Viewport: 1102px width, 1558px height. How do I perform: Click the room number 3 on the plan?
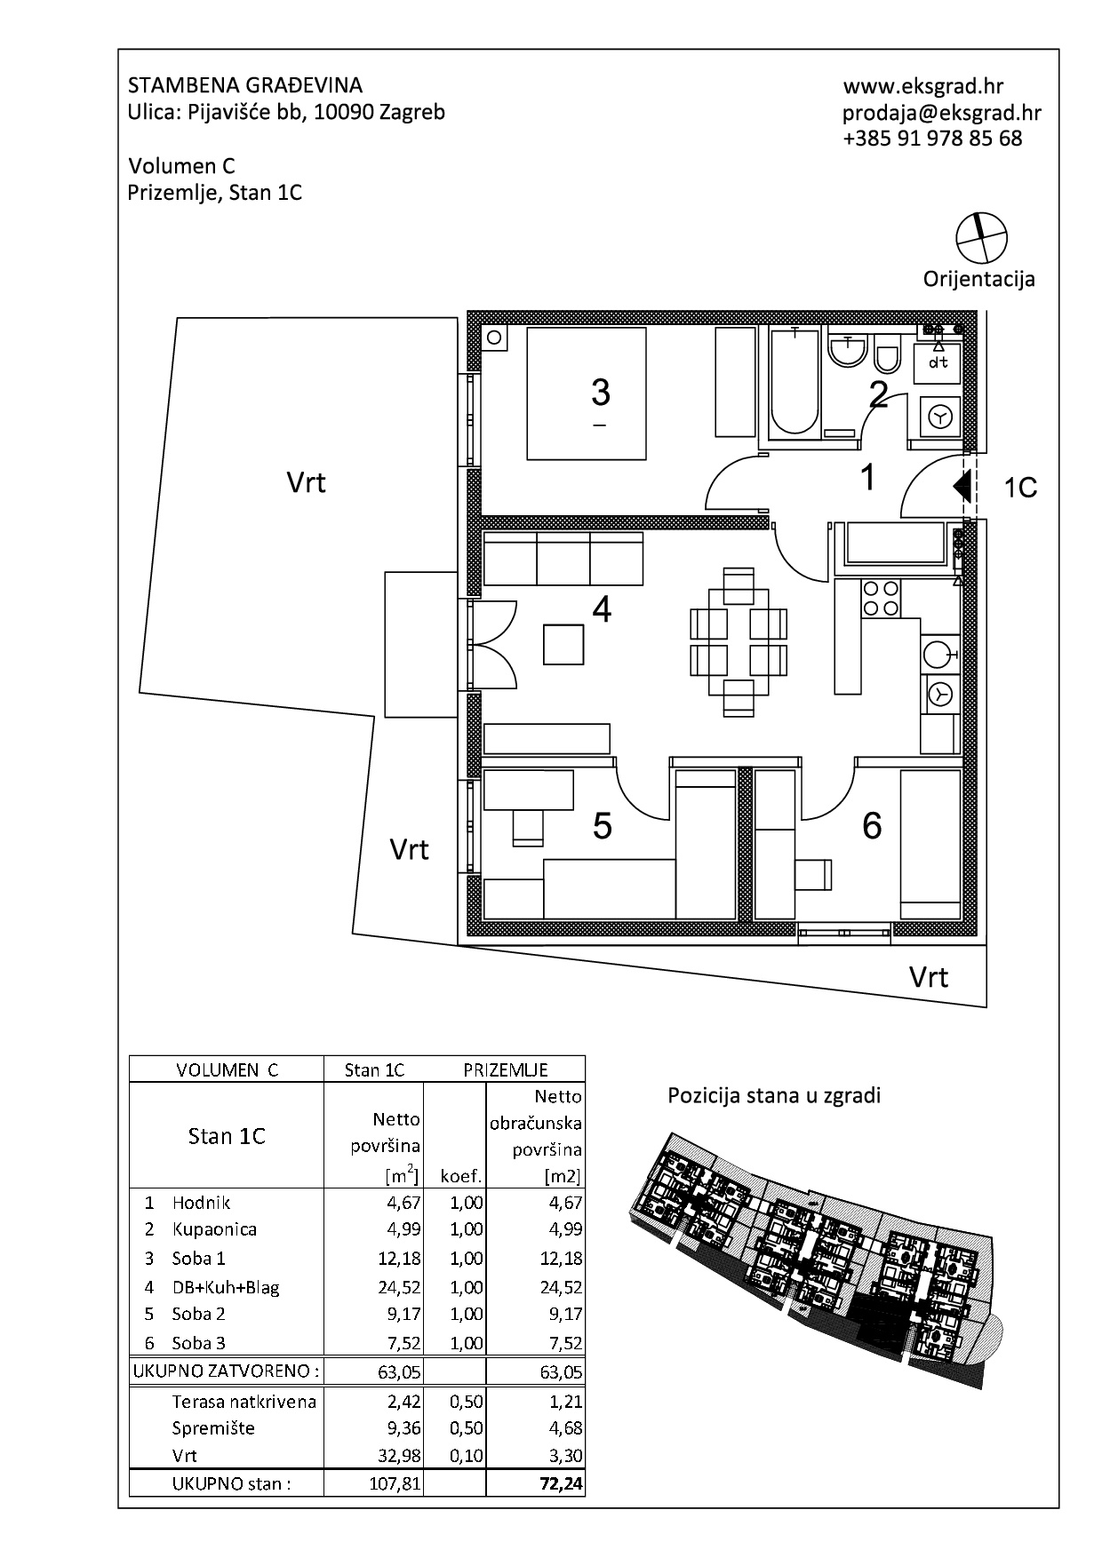click(601, 392)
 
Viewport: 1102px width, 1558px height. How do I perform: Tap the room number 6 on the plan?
click(872, 826)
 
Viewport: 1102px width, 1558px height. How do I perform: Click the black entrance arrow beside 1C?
click(960, 487)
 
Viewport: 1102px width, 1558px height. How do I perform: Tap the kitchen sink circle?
click(934, 655)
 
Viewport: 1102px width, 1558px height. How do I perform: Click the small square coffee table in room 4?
click(564, 644)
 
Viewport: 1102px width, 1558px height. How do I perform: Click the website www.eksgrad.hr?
click(922, 86)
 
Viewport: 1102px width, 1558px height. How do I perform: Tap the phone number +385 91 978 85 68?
click(932, 139)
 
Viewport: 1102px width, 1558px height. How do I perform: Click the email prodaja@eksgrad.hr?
click(942, 113)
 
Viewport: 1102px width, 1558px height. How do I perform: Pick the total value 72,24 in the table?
click(562, 1483)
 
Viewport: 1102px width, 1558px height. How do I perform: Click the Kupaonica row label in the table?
click(214, 1229)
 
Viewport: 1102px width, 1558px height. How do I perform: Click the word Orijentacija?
click(978, 280)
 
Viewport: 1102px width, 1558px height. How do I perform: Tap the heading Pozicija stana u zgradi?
click(774, 1096)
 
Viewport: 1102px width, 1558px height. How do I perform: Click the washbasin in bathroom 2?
click(847, 349)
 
